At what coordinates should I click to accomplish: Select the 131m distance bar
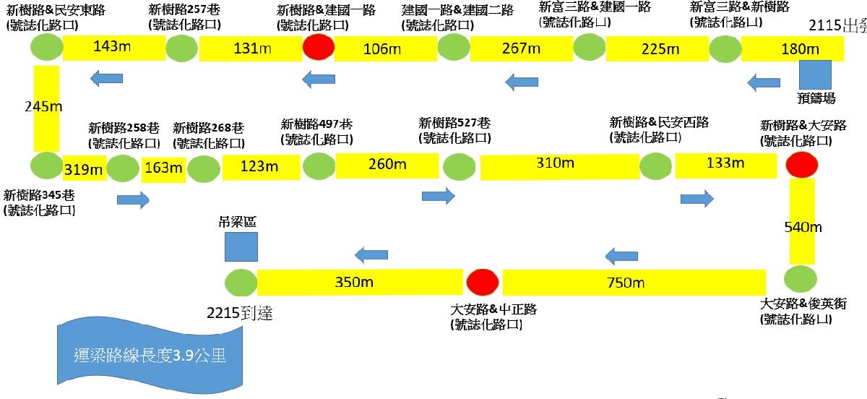(250, 49)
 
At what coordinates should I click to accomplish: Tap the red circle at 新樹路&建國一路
(318, 48)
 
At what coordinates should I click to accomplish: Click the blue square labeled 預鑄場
(814, 75)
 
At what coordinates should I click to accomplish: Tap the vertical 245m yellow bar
(46, 108)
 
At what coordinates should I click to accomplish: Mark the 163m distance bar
(163, 168)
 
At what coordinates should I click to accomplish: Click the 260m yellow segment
(387, 165)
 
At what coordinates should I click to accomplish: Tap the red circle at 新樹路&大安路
(801, 166)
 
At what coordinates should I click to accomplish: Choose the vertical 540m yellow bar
(802, 221)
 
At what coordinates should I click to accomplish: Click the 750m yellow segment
(633, 281)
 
